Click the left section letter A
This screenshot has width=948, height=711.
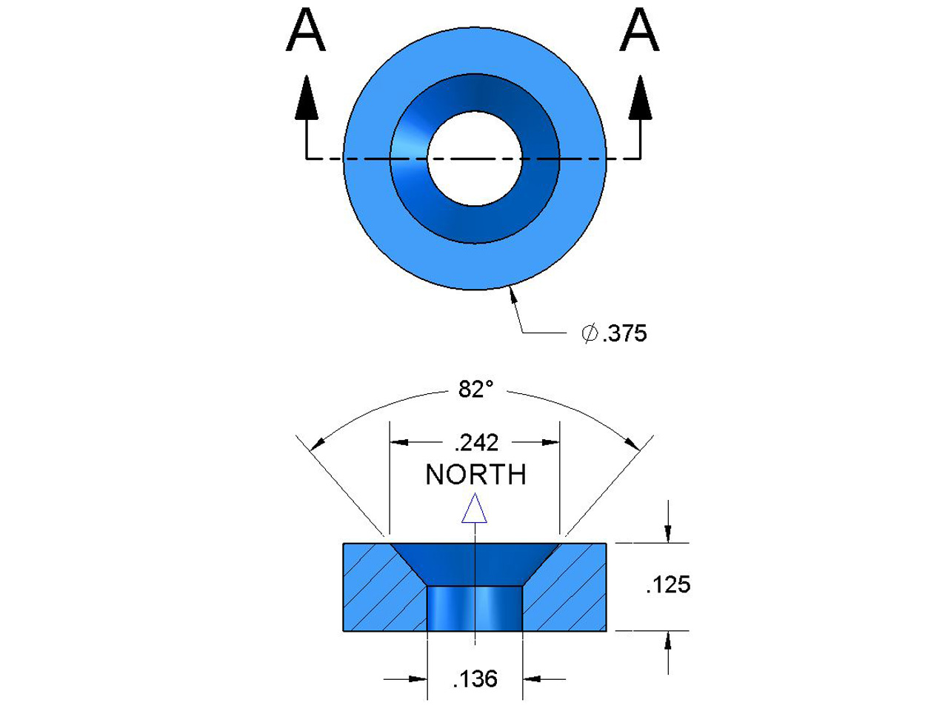click(x=305, y=32)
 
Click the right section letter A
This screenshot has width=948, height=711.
click(x=639, y=32)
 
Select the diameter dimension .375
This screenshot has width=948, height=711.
click(x=624, y=334)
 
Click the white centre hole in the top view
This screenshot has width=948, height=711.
click(x=475, y=158)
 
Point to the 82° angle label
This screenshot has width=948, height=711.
click(x=475, y=389)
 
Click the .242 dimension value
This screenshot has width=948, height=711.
click(x=475, y=443)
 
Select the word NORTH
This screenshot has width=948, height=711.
click(x=475, y=475)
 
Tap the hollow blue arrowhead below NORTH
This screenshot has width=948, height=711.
click(x=474, y=510)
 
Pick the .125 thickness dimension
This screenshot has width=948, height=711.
click(x=668, y=585)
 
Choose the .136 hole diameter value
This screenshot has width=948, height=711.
click(x=475, y=678)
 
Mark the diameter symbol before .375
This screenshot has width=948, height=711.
click(x=590, y=334)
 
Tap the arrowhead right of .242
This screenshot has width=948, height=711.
click(x=550, y=443)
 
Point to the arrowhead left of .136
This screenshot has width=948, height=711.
click(x=418, y=678)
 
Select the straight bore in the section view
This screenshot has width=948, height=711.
click(x=475, y=609)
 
